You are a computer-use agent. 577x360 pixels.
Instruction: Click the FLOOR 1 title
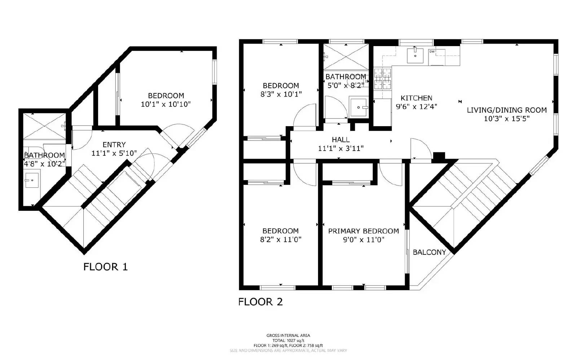105,267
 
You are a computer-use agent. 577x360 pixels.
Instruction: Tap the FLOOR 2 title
260,302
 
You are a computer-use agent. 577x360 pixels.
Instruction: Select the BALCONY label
429,252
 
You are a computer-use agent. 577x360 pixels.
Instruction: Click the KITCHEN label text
416,98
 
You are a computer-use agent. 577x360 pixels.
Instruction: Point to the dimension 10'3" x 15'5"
506,119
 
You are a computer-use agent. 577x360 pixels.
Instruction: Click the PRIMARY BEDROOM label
363,231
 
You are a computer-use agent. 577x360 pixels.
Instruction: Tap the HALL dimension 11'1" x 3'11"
340,148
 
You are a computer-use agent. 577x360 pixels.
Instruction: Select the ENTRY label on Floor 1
114,145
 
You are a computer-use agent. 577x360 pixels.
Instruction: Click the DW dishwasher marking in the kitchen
432,52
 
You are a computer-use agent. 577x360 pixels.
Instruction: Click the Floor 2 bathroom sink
358,107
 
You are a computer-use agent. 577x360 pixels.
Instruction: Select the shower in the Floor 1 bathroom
45,125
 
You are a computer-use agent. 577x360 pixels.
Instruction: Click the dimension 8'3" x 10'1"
281,94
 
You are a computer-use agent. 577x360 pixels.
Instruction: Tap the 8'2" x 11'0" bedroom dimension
280,239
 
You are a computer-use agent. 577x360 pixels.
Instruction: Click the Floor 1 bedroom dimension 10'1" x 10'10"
166,104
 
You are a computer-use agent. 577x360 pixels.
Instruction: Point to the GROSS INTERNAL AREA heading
288,335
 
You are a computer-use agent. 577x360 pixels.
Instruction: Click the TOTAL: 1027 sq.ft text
288,341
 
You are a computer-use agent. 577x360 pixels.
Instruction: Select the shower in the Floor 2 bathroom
346,56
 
